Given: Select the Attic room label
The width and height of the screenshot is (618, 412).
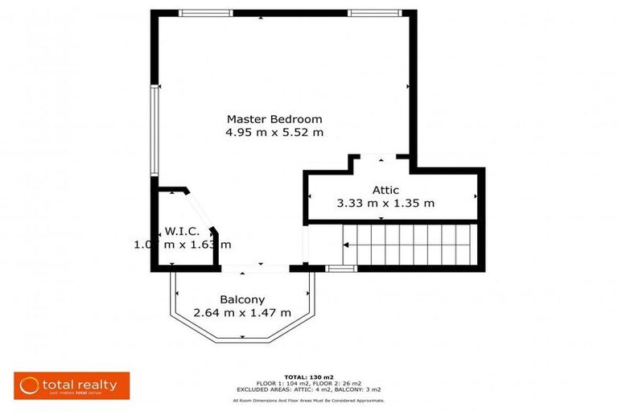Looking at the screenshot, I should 385,190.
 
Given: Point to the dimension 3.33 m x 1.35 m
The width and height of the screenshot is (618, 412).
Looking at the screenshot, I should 385,204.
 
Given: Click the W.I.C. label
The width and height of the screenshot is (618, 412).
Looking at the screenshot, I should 182,231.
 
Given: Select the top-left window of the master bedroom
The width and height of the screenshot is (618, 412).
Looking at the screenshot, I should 205,13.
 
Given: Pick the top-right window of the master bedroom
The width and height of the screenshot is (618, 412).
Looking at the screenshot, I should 374,13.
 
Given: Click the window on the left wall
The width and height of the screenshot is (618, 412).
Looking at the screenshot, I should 154,130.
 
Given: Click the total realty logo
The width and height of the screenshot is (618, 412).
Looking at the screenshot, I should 71,385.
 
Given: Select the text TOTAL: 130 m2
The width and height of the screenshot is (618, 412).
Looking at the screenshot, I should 309,377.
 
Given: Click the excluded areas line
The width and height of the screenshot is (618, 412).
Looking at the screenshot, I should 309,389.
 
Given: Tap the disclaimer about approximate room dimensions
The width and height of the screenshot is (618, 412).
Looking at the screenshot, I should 309,400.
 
